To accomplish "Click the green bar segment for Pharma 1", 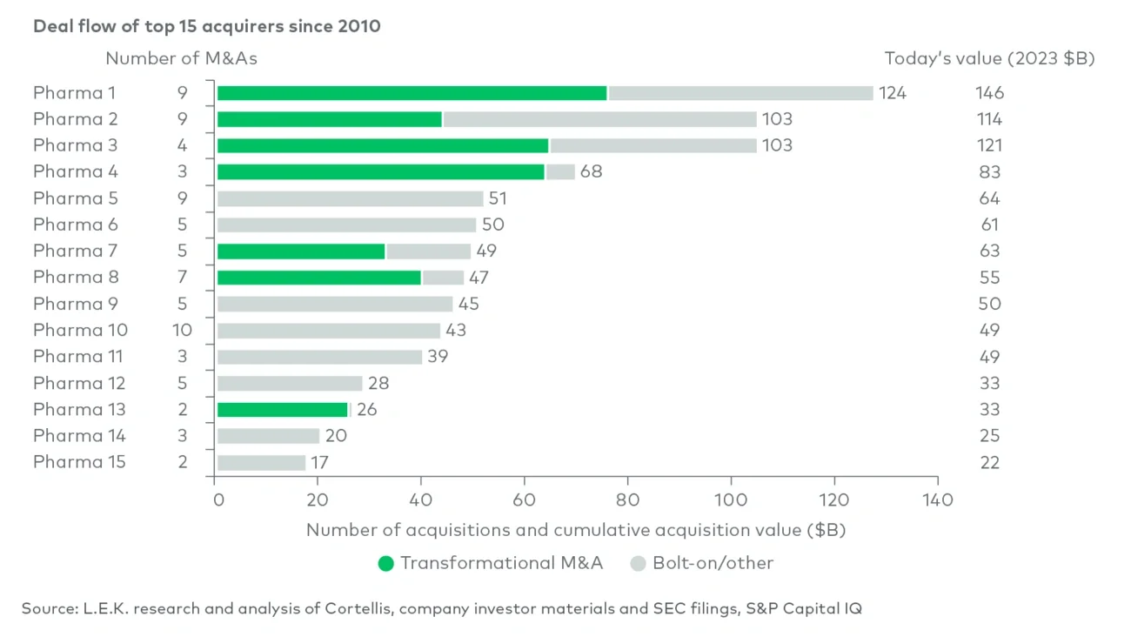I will [412, 93].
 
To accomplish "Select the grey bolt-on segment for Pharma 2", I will [599, 119].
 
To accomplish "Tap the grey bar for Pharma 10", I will [329, 331].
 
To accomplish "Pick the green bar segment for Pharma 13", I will [282, 410].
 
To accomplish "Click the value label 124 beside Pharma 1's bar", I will [892, 93].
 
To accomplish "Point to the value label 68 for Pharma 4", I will [591, 172].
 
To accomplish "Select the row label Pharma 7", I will [76, 251].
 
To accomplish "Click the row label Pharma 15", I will [79, 462].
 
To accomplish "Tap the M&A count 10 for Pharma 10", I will [182, 331].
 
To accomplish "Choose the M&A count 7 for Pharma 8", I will [182, 278].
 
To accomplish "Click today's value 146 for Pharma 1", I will [989, 93].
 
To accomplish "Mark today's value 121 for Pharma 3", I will [988, 145].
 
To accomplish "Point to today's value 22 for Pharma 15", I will [989, 462].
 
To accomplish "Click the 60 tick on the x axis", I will [525, 500].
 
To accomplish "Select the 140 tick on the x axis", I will [936, 500].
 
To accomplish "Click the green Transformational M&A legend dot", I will [385, 563].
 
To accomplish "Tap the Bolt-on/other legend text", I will [713, 563].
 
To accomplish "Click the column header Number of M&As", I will [181, 59].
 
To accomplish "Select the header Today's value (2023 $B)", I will [989, 59].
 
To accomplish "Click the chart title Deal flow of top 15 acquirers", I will [206, 26].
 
